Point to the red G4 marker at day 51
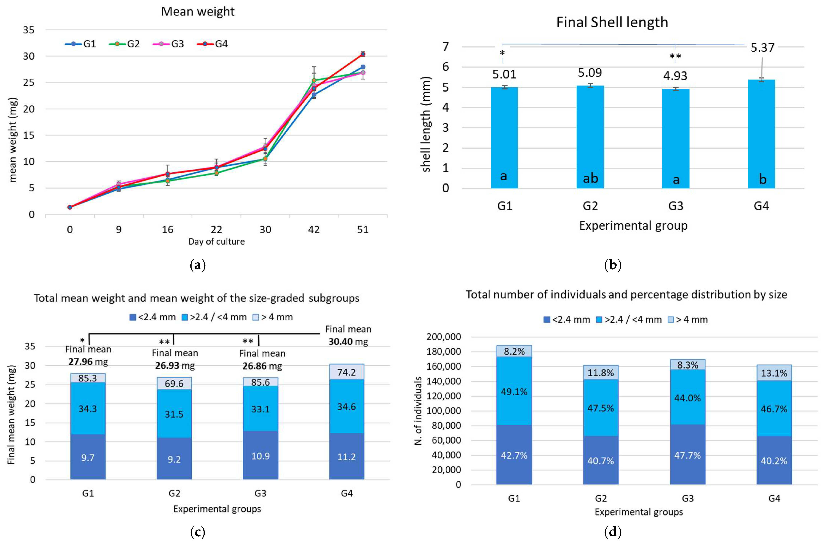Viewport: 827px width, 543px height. tap(363, 54)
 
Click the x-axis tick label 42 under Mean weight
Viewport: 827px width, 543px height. tap(314, 230)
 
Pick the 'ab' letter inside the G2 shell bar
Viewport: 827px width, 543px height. tap(590, 178)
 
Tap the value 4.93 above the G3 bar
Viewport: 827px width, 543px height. tap(675, 76)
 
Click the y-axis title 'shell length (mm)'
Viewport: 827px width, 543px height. tap(426, 124)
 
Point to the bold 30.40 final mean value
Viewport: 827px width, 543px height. tap(340, 342)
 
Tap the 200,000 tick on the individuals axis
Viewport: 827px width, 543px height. tap(444, 337)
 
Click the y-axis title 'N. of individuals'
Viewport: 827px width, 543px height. tap(418, 411)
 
